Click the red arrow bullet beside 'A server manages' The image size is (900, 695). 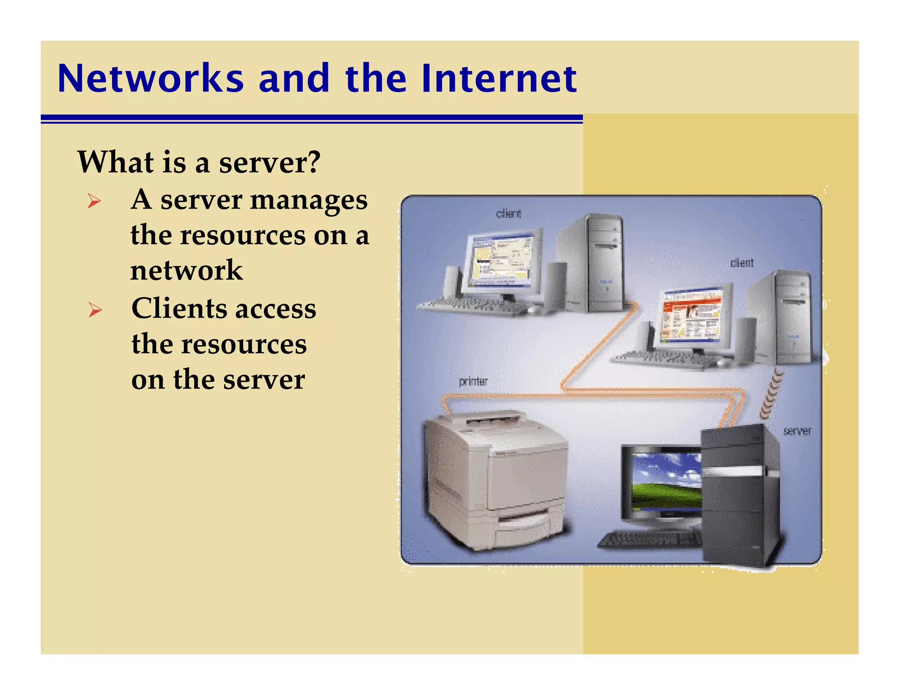click(94, 202)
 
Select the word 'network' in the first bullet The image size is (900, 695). click(186, 270)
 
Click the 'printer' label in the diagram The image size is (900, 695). click(473, 381)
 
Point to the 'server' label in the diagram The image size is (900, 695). click(797, 431)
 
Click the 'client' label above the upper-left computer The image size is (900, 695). click(508, 214)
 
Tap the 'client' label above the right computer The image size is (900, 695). click(742, 263)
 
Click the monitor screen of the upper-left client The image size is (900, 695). click(501, 259)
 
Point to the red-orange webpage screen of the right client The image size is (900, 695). click(692, 316)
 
